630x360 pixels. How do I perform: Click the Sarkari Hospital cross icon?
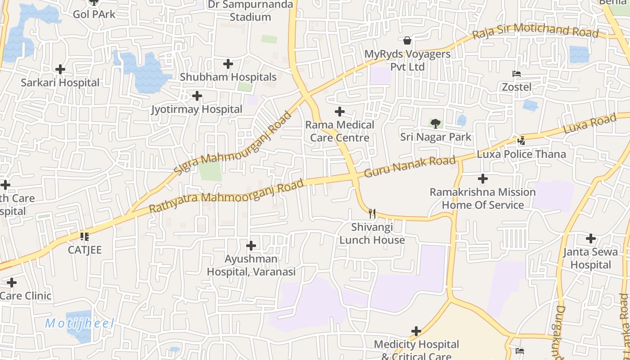tap(60, 69)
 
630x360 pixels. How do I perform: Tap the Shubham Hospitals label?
tap(228, 77)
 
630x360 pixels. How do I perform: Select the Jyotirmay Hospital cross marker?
tap(197, 96)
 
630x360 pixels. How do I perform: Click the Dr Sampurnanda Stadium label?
tap(250, 11)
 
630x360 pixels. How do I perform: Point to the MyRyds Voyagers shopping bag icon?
tap(407, 40)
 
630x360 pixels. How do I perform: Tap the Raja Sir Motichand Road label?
tap(535, 31)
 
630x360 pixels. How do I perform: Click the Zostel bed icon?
tap(516, 74)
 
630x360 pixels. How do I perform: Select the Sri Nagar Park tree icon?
tap(435, 123)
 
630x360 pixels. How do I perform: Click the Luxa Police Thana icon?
tap(521, 141)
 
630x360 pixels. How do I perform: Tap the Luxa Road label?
tap(589, 123)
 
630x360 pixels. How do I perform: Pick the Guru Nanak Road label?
tap(409, 166)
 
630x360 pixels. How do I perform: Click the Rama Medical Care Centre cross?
tap(340, 112)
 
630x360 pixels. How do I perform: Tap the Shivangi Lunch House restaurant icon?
tap(372, 213)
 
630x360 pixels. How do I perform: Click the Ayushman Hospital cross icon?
tap(251, 246)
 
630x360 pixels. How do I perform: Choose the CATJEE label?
tap(85, 250)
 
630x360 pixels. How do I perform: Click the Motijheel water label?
tap(80, 323)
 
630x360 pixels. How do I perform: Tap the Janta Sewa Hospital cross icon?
tap(591, 238)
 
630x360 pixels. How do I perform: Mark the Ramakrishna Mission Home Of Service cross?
tap(483, 179)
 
